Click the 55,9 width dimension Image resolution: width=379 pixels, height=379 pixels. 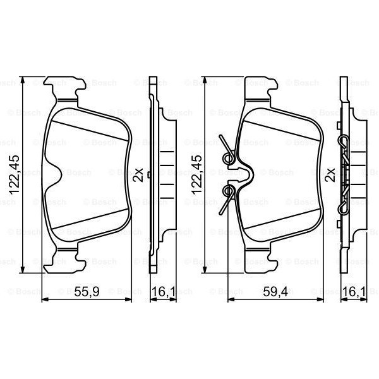tap(88, 291)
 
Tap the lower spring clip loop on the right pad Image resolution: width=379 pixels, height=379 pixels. tap(229, 190)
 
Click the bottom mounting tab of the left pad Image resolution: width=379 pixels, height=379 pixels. tap(66, 259)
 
